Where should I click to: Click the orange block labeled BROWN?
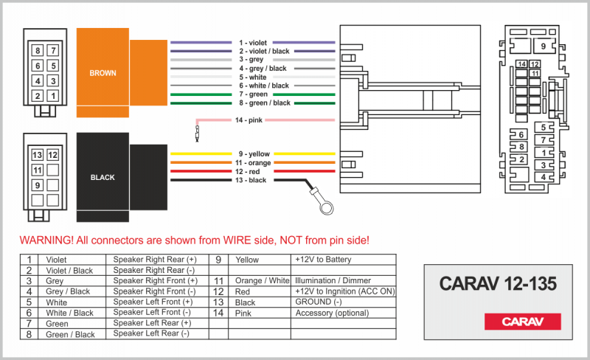pyautogui.click(x=103, y=72)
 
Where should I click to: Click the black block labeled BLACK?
pyautogui.click(x=103, y=177)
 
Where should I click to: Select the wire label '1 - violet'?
pyautogui.click(x=253, y=43)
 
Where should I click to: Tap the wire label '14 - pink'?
pyautogui.click(x=250, y=120)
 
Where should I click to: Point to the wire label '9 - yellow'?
pyautogui.click(x=254, y=153)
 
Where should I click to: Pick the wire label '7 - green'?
pyautogui.click(x=253, y=94)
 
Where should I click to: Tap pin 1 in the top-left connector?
pyautogui.click(x=53, y=96)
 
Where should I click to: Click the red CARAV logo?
pyautogui.click(x=522, y=321)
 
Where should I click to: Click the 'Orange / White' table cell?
pyautogui.click(x=262, y=281)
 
